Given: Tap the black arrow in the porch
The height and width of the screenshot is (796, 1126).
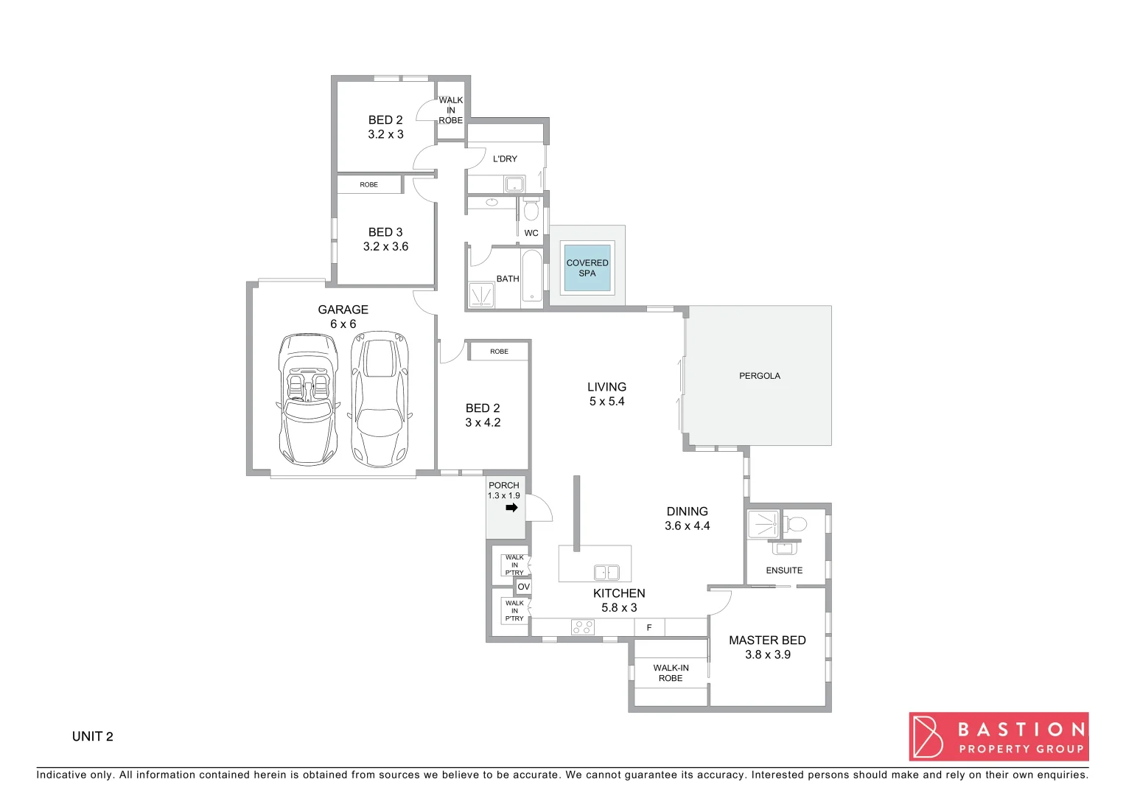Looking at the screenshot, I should tap(512, 508).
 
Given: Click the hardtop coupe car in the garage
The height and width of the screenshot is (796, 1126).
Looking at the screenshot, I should tap(380, 399).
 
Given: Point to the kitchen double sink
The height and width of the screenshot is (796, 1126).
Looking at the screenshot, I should tap(606, 573).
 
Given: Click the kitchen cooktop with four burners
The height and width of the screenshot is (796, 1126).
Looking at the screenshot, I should tap(582, 627).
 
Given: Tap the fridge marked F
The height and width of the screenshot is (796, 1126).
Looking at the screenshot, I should tap(649, 628).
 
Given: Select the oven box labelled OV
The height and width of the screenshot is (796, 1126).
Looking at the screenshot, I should tap(523, 587).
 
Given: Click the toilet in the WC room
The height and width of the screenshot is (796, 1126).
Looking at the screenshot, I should tap(531, 211).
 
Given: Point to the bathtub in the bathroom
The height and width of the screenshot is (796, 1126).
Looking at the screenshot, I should tap(531, 276).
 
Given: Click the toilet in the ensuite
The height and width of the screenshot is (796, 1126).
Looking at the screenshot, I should tap(794, 525).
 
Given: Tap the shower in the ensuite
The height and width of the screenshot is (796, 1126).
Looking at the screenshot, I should tap(763, 525).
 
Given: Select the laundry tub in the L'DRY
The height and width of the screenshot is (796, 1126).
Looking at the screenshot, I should tap(514, 184).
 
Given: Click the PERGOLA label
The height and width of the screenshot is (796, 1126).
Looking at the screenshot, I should tap(759, 376).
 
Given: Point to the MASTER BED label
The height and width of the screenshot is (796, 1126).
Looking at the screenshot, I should tap(767, 640).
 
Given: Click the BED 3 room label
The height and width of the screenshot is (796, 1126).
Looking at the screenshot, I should tap(385, 232).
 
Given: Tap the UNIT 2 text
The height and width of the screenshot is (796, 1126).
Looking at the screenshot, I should tap(93, 736).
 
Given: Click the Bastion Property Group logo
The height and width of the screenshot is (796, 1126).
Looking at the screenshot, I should tap(999, 736).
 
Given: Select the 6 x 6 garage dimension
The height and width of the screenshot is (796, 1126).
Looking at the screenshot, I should tap(343, 324).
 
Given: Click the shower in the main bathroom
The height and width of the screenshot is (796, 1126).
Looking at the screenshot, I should tap(481, 296).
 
